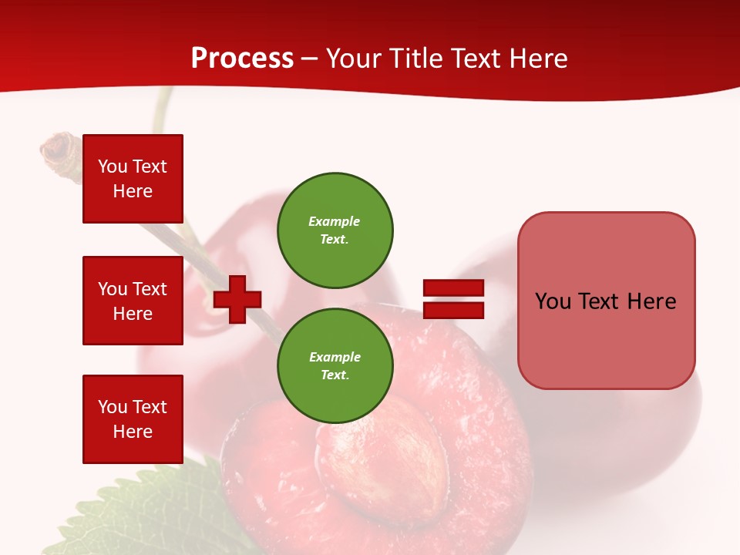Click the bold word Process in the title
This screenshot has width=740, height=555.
click(x=242, y=59)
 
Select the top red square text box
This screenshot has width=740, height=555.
click(x=133, y=179)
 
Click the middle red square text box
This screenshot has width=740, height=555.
click(x=133, y=301)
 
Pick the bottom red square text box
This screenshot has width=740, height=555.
click(x=133, y=419)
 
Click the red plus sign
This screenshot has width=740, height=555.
click(x=237, y=299)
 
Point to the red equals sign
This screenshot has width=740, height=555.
click(x=453, y=299)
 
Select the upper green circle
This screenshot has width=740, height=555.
click(x=335, y=230)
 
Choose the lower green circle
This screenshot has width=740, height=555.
click(x=335, y=366)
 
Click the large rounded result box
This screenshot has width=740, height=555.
click(x=606, y=300)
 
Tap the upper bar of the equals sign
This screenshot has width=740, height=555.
click(x=453, y=288)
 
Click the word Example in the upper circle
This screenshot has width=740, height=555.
click(x=335, y=221)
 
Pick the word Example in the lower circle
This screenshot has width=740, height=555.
click(x=335, y=357)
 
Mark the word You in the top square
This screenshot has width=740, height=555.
click(x=112, y=166)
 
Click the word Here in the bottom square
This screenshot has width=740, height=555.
click(x=133, y=432)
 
